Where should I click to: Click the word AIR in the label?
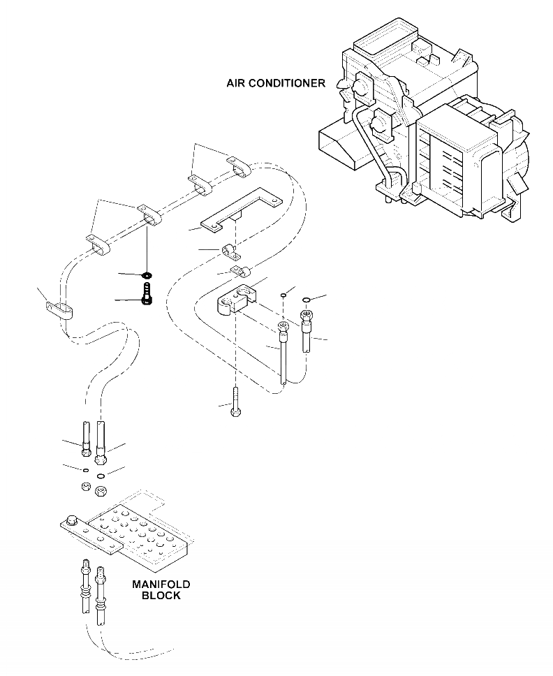point(237,83)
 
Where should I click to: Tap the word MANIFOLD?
point(161,584)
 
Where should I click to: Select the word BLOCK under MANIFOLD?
point(161,596)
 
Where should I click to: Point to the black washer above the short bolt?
point(147,274)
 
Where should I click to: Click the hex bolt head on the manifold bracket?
point(71,520)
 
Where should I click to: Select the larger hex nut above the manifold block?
point(100,491)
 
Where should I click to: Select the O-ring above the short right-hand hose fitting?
point(306,300)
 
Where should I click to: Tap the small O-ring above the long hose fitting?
point(283,295)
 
